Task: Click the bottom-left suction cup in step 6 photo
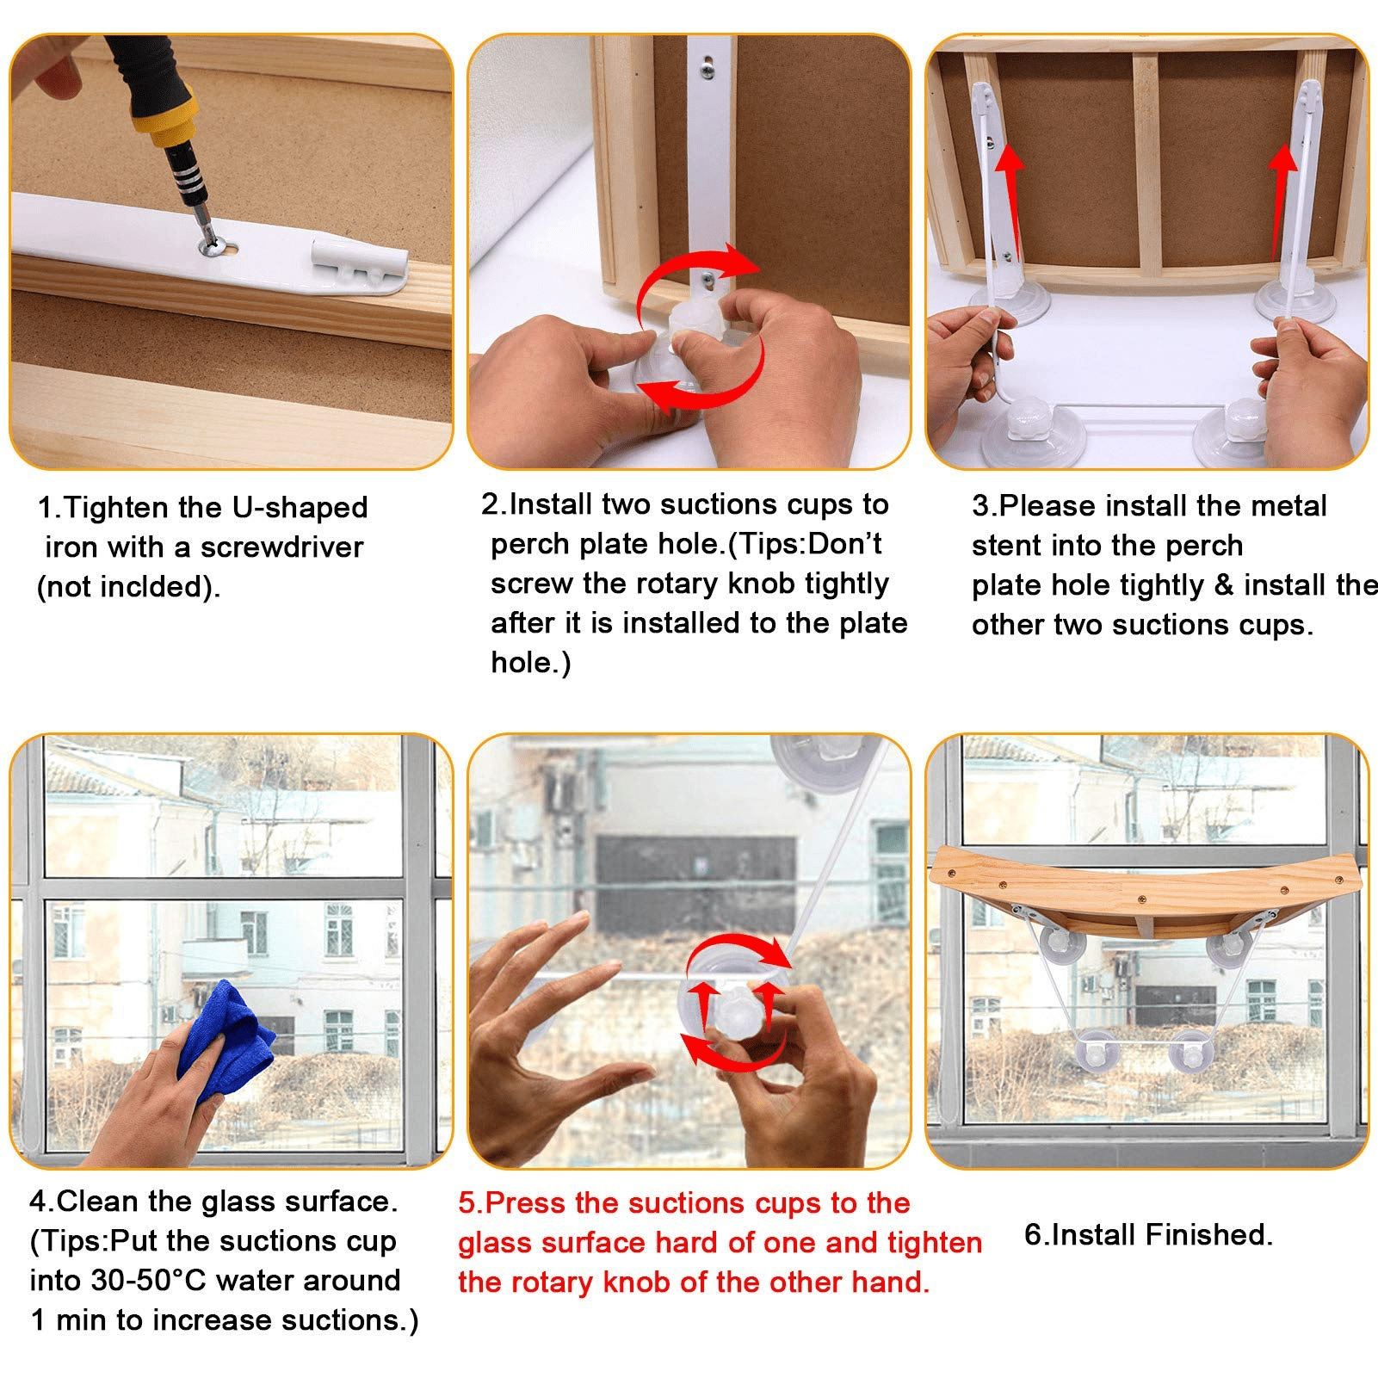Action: tap(1101, 1051)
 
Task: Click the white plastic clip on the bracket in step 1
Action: tap(356, 263)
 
